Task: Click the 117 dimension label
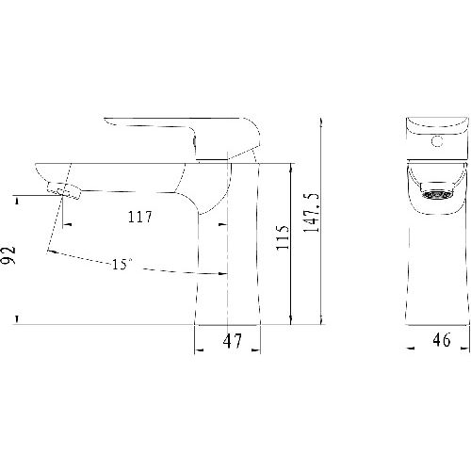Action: [x=139, y=217]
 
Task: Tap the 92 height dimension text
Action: [x=8, y=255]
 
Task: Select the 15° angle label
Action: [x=122, y=264]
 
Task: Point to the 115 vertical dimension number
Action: [x=283, y=237]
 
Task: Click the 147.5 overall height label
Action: [x=311, y=213]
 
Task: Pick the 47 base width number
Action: [x=233, y=341]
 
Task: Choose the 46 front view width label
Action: [x=442, y=339]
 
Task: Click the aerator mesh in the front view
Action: [x=437, y=195]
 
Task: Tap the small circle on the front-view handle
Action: [x=437, y=141]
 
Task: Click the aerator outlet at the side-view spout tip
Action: [x=64, y=190]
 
